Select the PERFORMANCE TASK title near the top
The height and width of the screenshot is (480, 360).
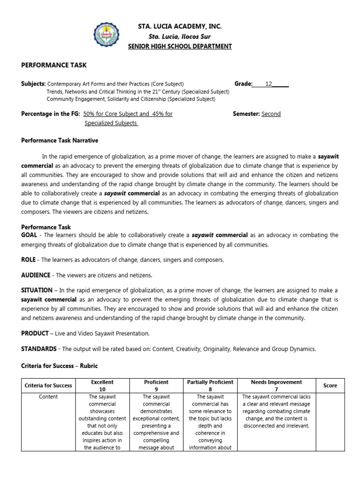54,65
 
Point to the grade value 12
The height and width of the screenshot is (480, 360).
269,84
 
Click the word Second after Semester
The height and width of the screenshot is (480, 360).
271,114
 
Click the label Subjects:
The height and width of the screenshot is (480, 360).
33,84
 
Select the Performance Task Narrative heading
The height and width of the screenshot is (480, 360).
60,141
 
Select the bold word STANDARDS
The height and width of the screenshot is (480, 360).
39,349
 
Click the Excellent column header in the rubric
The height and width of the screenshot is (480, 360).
102,386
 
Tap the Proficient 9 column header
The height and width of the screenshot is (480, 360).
156,386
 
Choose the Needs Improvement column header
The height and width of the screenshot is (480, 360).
276,382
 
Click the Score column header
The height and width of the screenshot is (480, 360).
330,386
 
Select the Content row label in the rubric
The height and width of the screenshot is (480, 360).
48,397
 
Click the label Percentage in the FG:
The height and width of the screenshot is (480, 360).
51,114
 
